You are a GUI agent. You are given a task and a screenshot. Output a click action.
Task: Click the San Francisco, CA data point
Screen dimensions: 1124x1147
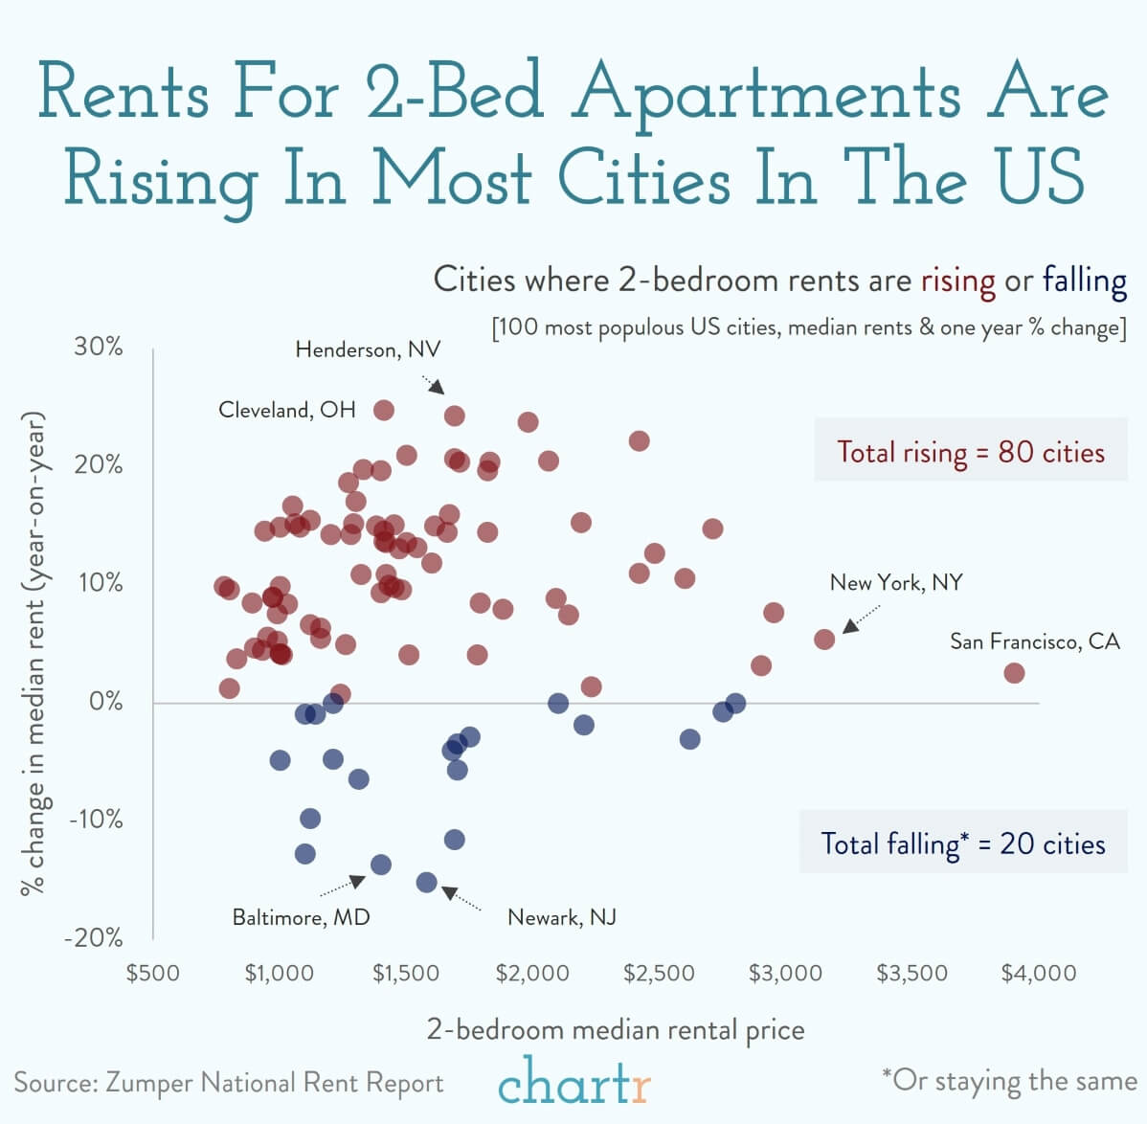tap(1014, 673)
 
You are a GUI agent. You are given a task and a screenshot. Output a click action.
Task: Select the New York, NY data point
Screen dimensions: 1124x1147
tap(824, 639)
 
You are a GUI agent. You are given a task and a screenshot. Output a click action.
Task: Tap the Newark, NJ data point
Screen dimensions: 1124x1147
tap(427, 882)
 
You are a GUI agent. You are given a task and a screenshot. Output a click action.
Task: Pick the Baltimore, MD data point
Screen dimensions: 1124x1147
tap(381, 865)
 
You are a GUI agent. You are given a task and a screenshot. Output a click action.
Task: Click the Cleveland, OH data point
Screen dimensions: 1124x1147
tap(384, 410)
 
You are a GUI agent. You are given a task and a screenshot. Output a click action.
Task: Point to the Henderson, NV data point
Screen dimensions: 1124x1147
tap(455, 416)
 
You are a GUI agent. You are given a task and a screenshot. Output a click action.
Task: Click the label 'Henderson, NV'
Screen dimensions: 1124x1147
tap(368, 349)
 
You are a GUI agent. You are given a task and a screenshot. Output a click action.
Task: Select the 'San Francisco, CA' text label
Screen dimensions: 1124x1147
tap(1034, 641)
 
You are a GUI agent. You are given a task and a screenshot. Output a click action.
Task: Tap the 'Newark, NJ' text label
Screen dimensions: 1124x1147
tap(561, 917)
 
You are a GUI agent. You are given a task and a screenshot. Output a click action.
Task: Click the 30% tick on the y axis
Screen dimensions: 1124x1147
tap(99, 347)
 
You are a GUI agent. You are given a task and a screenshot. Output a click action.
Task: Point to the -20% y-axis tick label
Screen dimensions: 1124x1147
tap(94, 937)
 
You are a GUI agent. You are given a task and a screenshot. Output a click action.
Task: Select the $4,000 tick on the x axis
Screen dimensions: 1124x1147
tap(1038, 974)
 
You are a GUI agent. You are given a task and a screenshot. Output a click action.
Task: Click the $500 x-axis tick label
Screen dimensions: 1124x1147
tap(153, 974)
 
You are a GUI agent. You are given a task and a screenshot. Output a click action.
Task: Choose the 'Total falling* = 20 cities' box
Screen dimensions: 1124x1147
tap(962, 843)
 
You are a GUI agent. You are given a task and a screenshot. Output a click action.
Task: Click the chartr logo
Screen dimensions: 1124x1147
tap(574, 1082)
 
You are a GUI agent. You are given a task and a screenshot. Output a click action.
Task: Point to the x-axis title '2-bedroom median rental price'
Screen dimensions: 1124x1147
tap(615, 1030)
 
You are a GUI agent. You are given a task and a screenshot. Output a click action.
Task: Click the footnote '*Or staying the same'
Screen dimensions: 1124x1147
tap(1009, 1081)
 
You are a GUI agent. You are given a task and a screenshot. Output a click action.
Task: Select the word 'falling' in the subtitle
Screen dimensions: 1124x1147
tap(1084, 281)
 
